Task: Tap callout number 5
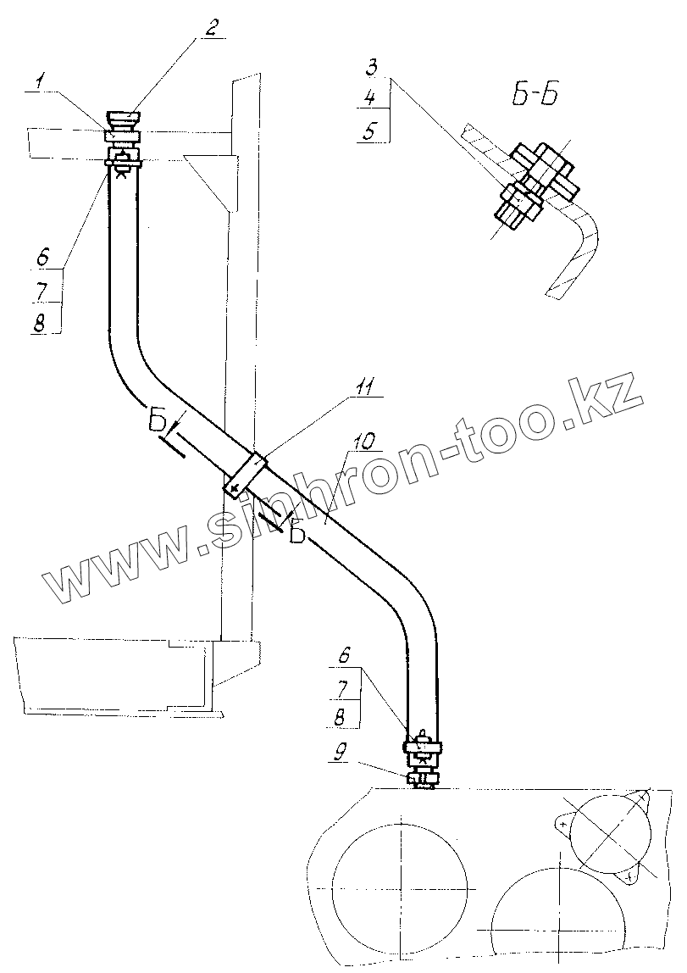(370, 131)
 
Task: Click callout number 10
(365, 441)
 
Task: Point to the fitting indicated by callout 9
(421, 779)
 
